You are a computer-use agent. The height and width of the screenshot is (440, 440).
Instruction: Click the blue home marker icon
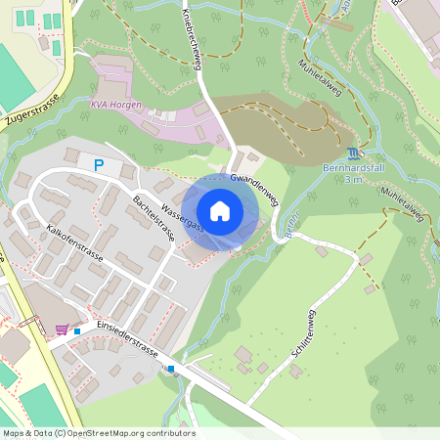[220, 211]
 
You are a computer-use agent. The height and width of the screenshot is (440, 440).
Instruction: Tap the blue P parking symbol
[99, 166]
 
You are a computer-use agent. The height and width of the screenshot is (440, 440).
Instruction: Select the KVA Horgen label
[116, 105]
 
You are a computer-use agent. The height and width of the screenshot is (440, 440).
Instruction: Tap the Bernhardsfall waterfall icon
[352, 154]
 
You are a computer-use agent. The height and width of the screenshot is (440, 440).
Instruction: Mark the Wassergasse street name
[182, 214]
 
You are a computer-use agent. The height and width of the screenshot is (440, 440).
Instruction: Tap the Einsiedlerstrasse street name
[127, 337]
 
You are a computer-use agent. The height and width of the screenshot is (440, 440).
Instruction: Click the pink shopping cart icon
[63, 330]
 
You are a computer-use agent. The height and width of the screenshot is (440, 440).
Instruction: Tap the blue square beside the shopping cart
[77, 330]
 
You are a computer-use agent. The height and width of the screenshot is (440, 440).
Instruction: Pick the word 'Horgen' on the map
[126, 105]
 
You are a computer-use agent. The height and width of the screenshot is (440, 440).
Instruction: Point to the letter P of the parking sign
[99, 166]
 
